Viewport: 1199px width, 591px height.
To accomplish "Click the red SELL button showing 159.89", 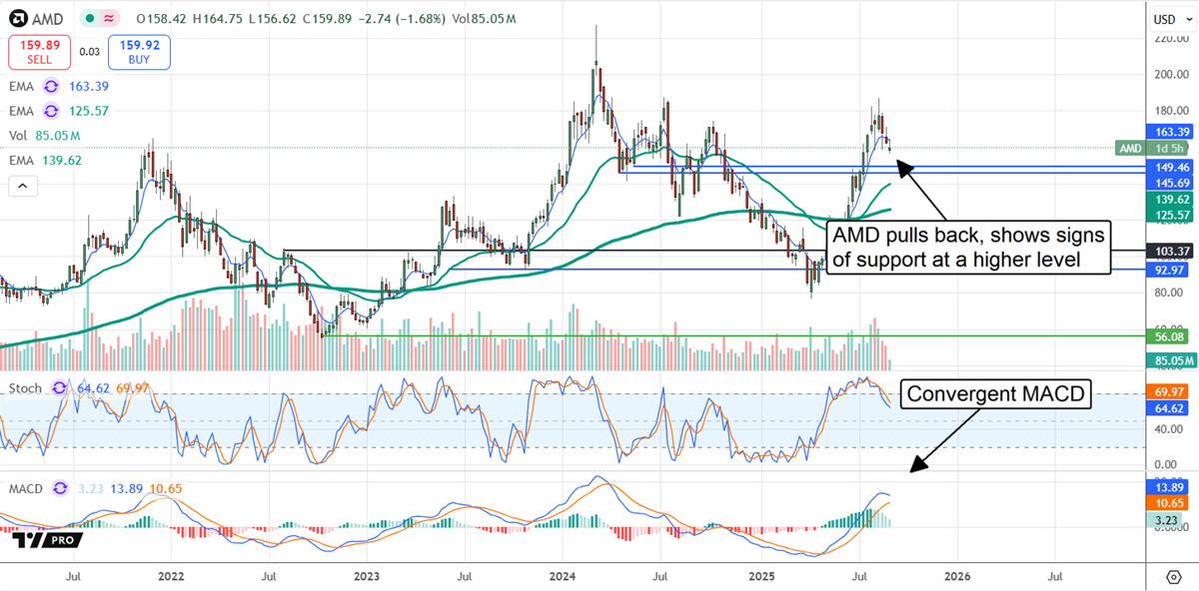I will [x=36, y=50].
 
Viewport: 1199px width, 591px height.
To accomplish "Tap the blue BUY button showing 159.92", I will [x=139, y=50].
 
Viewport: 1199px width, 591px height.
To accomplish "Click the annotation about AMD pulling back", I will [x=968, y=249].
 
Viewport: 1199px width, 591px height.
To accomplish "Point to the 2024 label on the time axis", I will [x=563, y=576].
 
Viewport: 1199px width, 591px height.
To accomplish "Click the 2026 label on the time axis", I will [x=956, y=576].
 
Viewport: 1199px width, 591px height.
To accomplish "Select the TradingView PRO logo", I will [x=48, y=539].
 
